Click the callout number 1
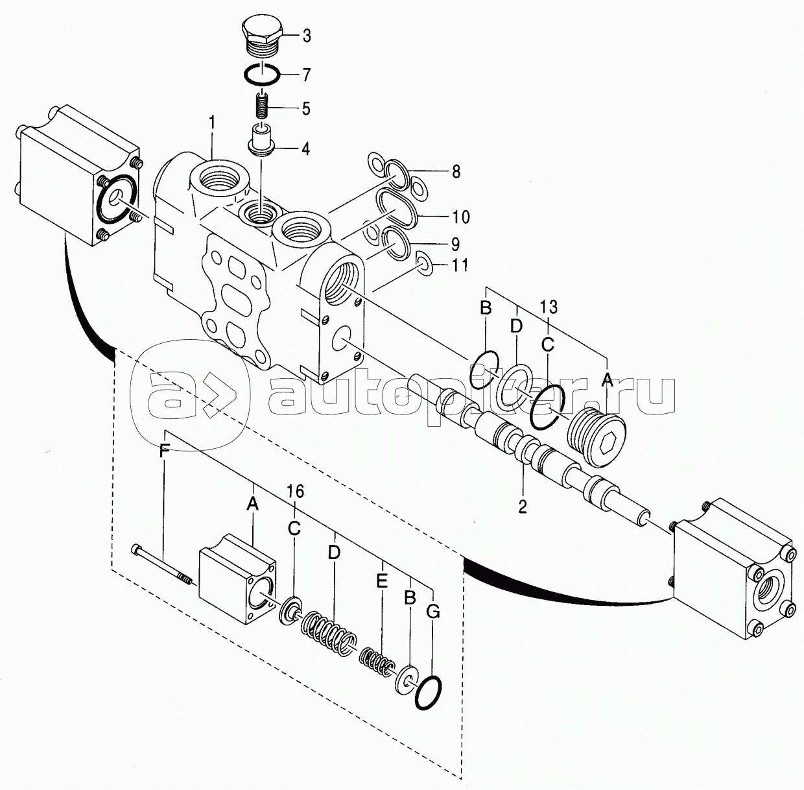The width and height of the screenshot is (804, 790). (212, 124)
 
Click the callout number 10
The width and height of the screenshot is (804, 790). (460, 217)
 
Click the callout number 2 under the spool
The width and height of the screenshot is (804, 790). (523, 507)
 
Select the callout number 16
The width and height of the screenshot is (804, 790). (294, 492)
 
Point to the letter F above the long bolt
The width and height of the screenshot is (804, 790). (164, 451)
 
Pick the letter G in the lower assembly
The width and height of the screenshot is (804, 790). (434, 612)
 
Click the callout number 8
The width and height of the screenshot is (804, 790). (456, 172)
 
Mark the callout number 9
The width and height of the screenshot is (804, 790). (455, 244)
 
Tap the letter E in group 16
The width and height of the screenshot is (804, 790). (381, 581)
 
